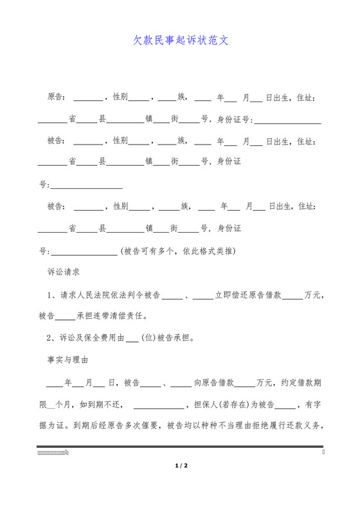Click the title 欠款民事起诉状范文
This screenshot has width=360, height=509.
[x=181, y=40]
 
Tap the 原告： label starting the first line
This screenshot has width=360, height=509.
[x=57, y=98]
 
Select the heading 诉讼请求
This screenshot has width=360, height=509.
[x=64, y=272]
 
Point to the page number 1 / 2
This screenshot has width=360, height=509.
[x=181, y=465]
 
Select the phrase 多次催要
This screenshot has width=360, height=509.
[x=139, y=425]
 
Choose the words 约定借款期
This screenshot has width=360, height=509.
[x=302, y=383]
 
